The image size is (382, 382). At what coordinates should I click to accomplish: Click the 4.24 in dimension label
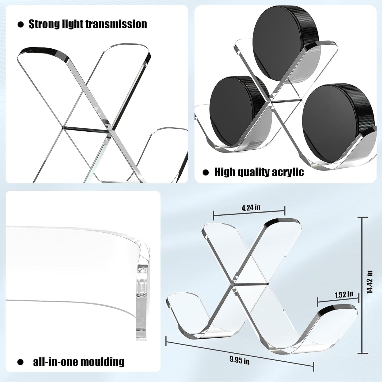coord(251,208)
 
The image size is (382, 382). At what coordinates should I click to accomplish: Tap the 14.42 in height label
coord(370,282)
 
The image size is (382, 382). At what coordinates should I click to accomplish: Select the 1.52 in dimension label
coord(344,294)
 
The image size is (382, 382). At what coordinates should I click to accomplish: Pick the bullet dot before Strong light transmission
coord(20,25)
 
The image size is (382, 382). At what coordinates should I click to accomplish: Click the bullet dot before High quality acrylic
coord(206,172)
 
